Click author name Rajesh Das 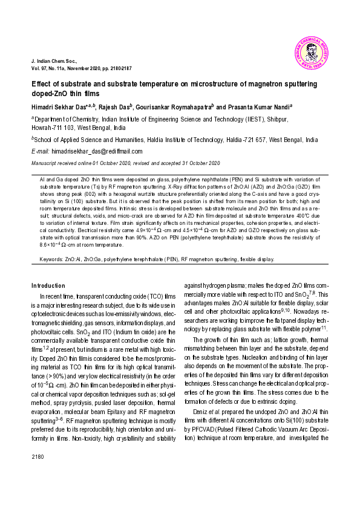click(114, 106)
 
